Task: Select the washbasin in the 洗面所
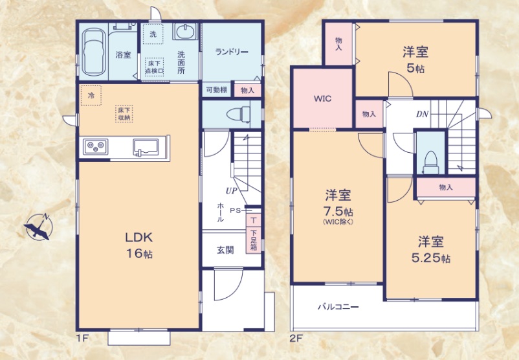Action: click(185, 32)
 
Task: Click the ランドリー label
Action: click(232, 52)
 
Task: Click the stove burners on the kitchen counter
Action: click(95, 148)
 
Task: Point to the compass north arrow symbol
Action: click(39, 226)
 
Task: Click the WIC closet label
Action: click(322, 98)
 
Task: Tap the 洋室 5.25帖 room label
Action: click(432, 249)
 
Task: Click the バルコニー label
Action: click(338, 307)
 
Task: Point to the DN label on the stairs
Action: click(422, 115)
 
